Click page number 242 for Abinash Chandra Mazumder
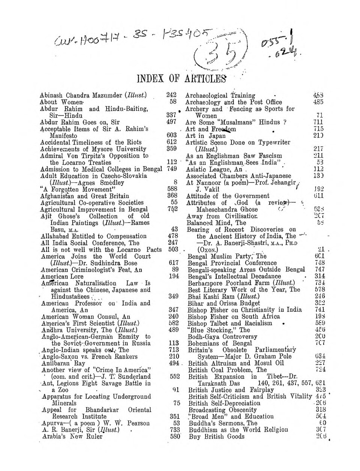coord(171,95)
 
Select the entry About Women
coord(54,102)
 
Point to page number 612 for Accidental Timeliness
coord(171,142)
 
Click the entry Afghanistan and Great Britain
coord(84,196)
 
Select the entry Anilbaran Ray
coord(64,363)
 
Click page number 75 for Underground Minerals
coord(174,403)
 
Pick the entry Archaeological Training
coord(220,96)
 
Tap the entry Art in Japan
coord(206,136)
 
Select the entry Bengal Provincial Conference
coord(232,263)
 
